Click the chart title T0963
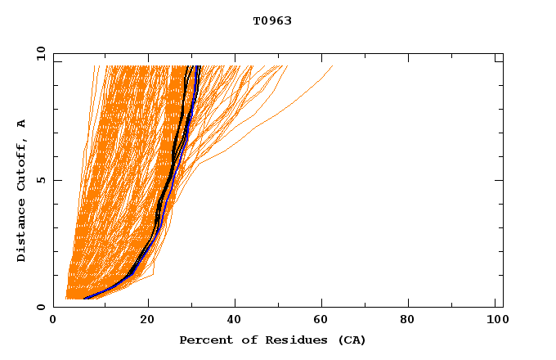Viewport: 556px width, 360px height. (272, 21)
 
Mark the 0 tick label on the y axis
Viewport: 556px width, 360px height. (40, 307)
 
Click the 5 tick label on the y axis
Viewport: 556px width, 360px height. (40, 180)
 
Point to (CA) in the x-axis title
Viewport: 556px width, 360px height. (350, 340)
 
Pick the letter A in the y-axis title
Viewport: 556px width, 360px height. (22, 124)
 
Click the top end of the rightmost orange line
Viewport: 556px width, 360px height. (333, 66)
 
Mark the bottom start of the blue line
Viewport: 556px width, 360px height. (85, 299)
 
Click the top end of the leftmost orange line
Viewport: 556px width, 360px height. (95, 66)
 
